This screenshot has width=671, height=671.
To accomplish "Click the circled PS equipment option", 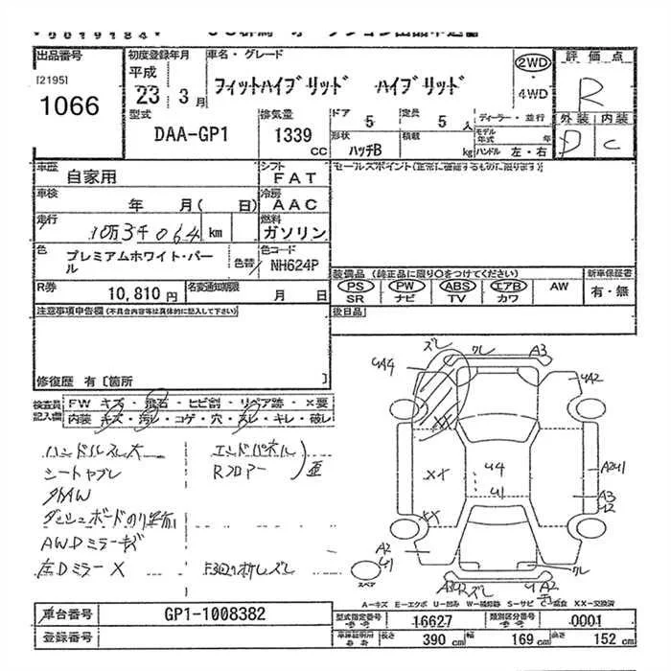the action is click(x=356, y=286).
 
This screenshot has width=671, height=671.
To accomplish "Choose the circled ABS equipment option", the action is click(x=456, y=286).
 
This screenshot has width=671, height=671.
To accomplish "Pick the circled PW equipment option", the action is click(x=406, y=286).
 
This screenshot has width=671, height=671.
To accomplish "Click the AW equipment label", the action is click(x=559, y=286).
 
